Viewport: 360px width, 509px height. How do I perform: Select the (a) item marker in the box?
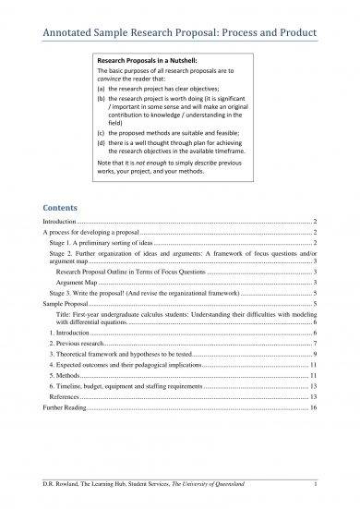pyautogui.click(x=106, y=90)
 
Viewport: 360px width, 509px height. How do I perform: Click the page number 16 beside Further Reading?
pyautogui.click(x=314, y=407)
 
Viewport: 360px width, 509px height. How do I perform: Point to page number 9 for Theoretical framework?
pyautogui.click(x=316, y=354)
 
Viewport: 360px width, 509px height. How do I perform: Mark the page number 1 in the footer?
pyautogui.click(x=316, y=483)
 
